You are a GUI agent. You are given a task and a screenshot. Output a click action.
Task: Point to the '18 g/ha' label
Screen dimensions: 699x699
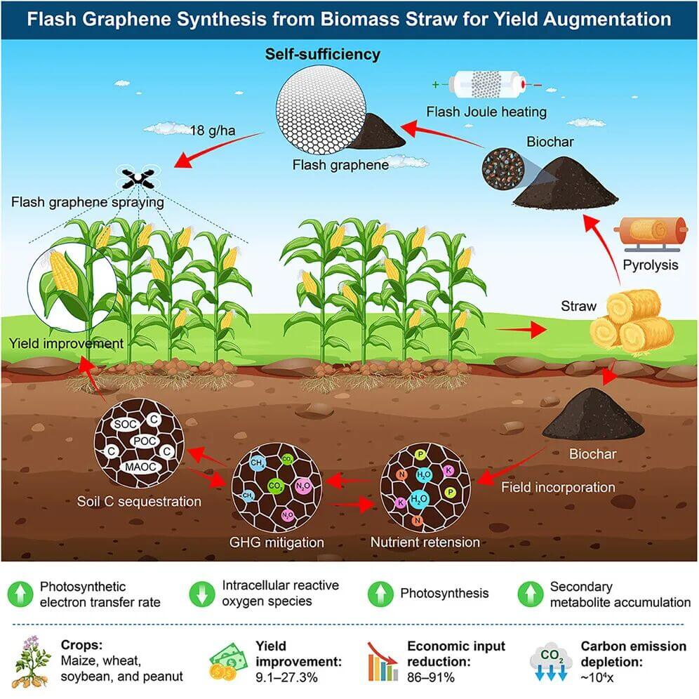[207, 130]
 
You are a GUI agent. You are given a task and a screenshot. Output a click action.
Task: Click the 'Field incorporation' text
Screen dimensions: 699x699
[558, 487]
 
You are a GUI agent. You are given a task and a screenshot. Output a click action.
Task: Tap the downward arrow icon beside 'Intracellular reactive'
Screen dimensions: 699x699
[201, 594]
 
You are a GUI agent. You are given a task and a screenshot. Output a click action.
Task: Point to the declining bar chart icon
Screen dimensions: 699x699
[382, 661]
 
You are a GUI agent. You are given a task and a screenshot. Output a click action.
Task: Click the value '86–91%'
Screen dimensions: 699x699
[432, 677]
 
